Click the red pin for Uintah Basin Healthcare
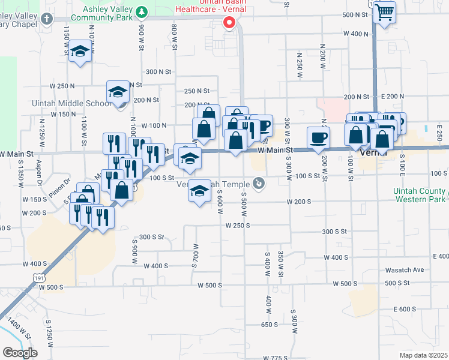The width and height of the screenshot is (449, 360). click(229, 23)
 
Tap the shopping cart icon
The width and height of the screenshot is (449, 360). click(384, 12)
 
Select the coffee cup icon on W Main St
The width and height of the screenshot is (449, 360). click(318, 137)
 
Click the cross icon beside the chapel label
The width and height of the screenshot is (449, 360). click(47, 19)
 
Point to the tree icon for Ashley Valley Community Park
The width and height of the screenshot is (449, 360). click(142, 11)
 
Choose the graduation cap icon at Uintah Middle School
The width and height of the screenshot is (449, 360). click(118, 91)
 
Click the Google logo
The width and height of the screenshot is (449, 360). click(19, 353)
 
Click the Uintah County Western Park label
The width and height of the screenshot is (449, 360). click(424, 195)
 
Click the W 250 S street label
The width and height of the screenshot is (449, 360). click(237, 226)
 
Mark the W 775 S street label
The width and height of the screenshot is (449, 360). click(274, 358)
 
